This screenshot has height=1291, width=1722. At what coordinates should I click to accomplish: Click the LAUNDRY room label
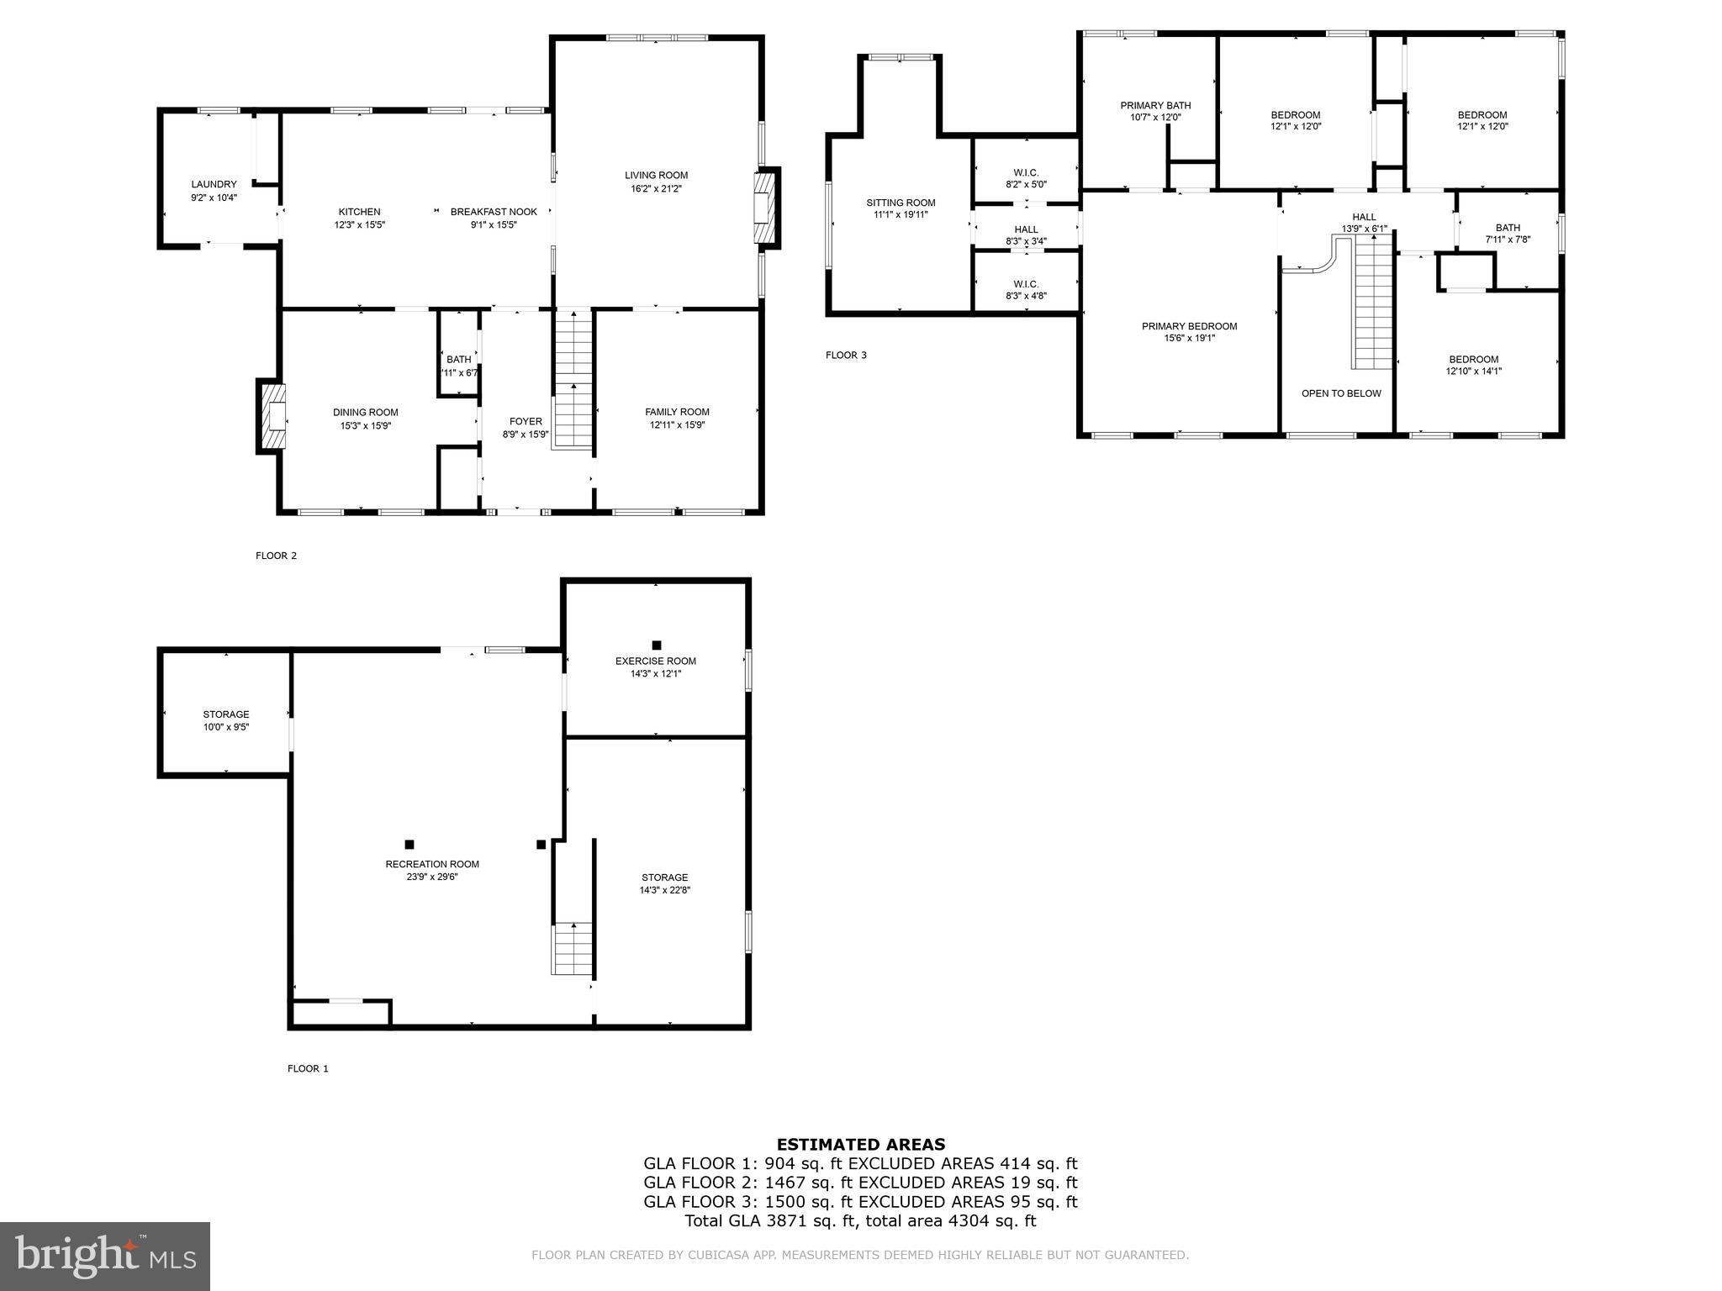214,184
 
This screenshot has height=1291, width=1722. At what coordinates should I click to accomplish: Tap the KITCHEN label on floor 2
359,212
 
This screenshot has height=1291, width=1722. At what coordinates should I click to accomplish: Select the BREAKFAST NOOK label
494,212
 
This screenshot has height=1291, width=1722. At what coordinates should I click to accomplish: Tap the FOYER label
526,421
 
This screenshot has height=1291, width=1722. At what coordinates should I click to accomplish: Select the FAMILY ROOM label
677,412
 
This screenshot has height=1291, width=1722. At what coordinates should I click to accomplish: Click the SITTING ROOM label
901,203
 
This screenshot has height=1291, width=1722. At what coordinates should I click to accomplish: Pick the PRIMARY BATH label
1155,105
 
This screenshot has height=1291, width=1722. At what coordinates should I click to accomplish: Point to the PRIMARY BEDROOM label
1189,326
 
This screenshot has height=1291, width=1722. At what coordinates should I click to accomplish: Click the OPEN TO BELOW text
1341,393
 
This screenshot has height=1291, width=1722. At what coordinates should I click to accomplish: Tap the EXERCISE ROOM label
656,661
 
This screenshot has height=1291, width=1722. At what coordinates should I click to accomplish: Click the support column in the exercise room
657,645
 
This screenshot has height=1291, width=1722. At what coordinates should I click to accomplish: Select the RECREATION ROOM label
432,864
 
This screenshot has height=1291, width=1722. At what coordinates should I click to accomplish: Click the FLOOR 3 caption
846,355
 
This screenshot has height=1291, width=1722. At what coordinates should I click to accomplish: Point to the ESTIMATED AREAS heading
861,1144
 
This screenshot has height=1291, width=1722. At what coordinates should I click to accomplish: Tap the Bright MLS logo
105,1257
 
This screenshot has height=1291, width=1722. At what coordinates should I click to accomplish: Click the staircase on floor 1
573,948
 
